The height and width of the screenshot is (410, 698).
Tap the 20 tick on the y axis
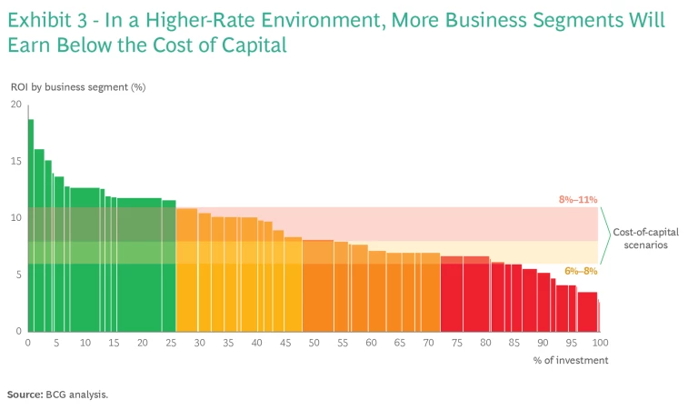(16, 105)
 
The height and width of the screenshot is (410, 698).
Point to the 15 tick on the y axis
(16, 161)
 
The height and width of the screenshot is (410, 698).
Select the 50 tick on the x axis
(314, 343)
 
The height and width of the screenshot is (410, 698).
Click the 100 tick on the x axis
(599, 343)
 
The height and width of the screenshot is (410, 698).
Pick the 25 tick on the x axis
(171, 343)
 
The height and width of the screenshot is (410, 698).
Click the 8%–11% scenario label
(578, 199)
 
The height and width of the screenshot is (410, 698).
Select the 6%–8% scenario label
(581, 270)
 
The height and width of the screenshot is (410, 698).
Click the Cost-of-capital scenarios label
(645, 238)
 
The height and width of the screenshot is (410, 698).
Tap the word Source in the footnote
(25, 395)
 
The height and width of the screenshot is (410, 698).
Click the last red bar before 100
(588, 311)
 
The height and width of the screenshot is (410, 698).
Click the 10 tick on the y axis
(16, 217)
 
